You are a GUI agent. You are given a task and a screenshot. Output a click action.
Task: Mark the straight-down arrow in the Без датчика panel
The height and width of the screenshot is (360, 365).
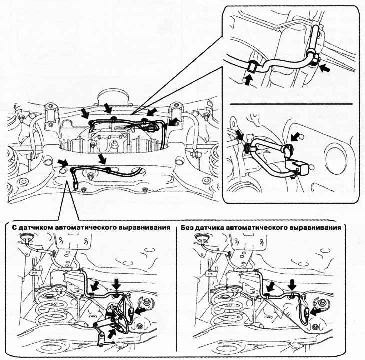point(292,284)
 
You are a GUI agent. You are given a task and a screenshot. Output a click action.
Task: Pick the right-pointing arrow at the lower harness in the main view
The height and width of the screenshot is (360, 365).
point(62,162)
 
